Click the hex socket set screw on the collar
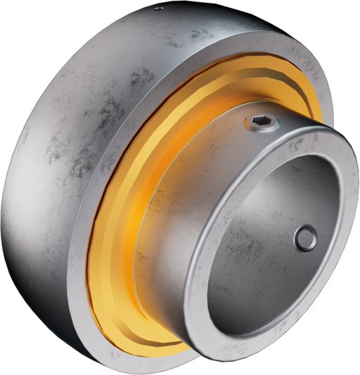[x=262, y=124]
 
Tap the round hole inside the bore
[x=306, y=238]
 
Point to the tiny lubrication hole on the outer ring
[x=158, y=8]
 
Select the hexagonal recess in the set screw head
[x=262, y=123]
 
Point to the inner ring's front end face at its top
[x=281, y=136]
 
